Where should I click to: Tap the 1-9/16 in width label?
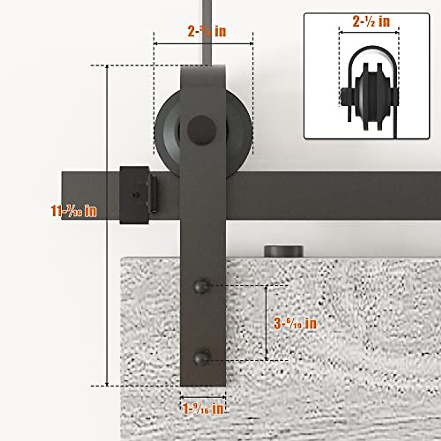(x=203, y=409)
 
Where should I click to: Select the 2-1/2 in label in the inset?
(x=371, y=22)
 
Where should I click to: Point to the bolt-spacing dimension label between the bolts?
(x=295, y=323)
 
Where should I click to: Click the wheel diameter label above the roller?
(x=207, y=32)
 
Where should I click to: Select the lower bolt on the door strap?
(x=202, y=357)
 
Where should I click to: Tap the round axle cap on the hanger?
(x=202, y=129)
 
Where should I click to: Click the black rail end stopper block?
(x=134, y=195)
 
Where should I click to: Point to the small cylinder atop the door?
(x=284, y=251)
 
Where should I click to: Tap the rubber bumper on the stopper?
(x=153, y=194)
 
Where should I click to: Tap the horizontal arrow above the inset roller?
(x=369, y=33)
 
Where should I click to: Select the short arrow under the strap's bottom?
(x=203, y=397)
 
